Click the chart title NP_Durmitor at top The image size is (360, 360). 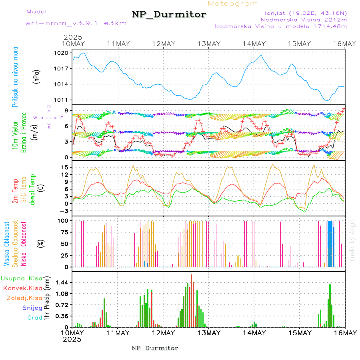[x=169, y=15]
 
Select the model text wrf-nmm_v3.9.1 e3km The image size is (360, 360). [x=76, y=23]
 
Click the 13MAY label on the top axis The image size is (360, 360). [x=209, y=44]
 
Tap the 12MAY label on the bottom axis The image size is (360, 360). [x=163, y=333]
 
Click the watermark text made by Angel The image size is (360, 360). [x=352, y=240]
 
